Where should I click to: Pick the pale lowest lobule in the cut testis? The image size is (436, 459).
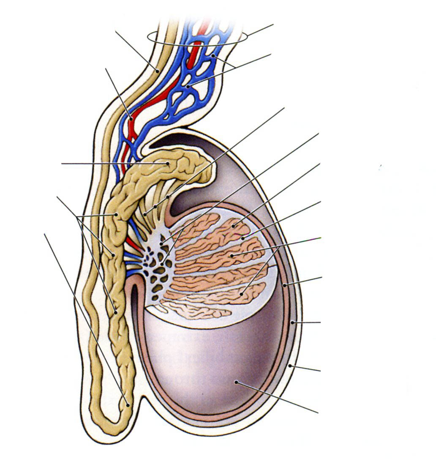click(x=194, y=311)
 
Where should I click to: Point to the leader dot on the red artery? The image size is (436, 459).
click(x=131, y=119)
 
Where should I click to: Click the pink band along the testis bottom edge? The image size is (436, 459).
click(x=211, y=416)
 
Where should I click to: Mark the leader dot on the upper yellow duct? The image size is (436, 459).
click(x=157, y=71)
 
